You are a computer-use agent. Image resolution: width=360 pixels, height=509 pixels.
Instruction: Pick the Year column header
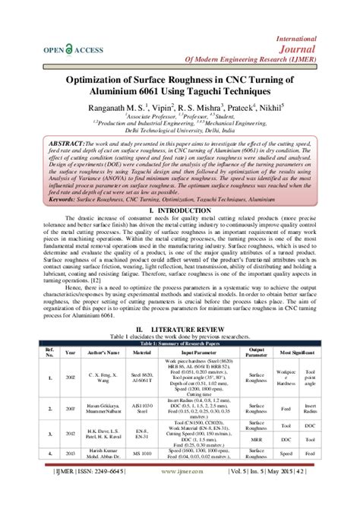tap(71, 353)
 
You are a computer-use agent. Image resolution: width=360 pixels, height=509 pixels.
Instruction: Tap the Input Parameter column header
tap(196, 353)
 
